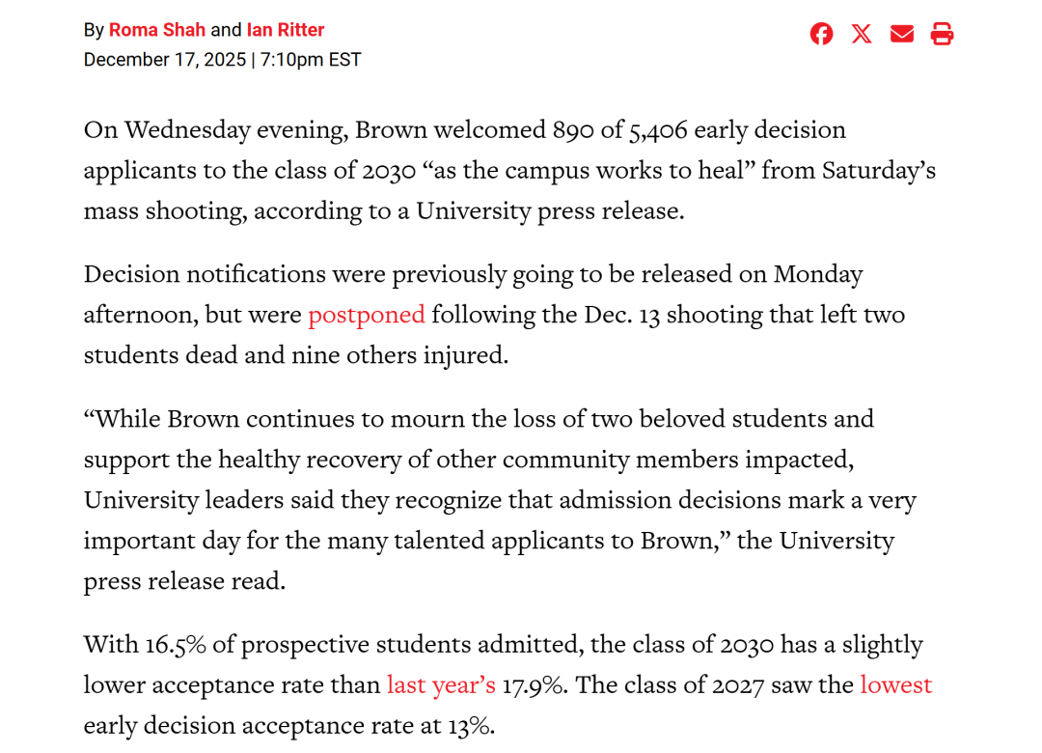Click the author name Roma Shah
pos(156,30)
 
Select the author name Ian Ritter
pos(286,30)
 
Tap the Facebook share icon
pos(821,35)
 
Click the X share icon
pos(862,35)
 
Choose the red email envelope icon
pos(902,35)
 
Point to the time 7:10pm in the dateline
pos(292,60)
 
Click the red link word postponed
pos(366,315)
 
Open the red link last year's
pos(441,685)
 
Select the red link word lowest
pos(895,685)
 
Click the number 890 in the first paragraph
pos(574,130)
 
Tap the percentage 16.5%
pos(176,645)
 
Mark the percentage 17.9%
pos(534,685)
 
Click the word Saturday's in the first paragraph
pos(878,171)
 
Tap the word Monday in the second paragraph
pos(817,274)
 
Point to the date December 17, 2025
pos(165,60)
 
